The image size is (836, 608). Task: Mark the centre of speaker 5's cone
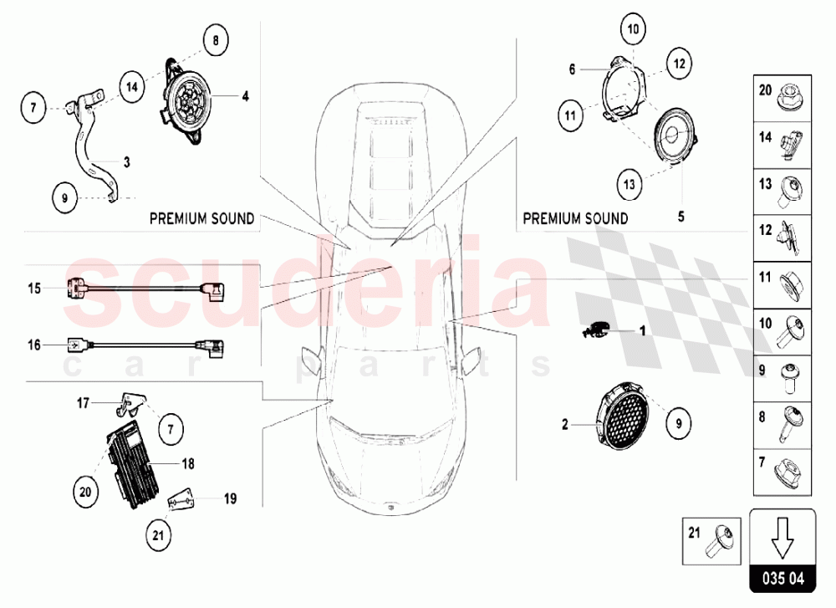(671, 135)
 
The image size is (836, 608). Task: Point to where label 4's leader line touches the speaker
(212, 96)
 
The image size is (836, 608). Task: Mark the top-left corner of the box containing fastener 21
(683, 518)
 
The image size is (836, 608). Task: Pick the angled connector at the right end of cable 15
(212, 291)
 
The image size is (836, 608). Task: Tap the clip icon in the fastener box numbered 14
(790, 145)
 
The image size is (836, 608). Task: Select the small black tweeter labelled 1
(596, 330)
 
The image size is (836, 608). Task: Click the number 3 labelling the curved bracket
(126, 162)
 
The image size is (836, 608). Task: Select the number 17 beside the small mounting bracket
(83, 402)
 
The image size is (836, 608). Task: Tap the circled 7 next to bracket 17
(171, 429)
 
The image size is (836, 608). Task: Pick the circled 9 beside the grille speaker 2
(679, 423)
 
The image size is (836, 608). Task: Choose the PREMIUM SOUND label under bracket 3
(201, 218)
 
